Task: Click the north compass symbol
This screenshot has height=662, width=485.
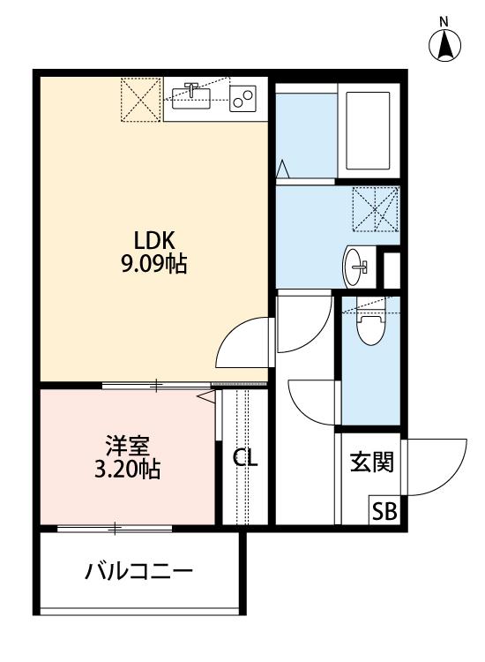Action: [x=445, y=44]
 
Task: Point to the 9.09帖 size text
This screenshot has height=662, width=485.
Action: [x=154, y=264]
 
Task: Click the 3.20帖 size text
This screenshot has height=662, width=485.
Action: [x=127, y=470]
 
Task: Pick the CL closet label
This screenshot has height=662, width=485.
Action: [x=245, y=458]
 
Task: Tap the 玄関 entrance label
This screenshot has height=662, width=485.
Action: [x=371, y=462]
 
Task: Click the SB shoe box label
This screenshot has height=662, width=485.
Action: [x=384, y=510]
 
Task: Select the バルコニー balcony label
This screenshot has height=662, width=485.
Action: [x=138, y=572]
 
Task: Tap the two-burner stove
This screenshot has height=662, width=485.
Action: [x=242, y=98]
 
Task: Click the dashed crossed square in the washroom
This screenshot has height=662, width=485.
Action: [x=375, y=208]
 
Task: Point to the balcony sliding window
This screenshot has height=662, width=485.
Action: [x=115, y=528]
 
